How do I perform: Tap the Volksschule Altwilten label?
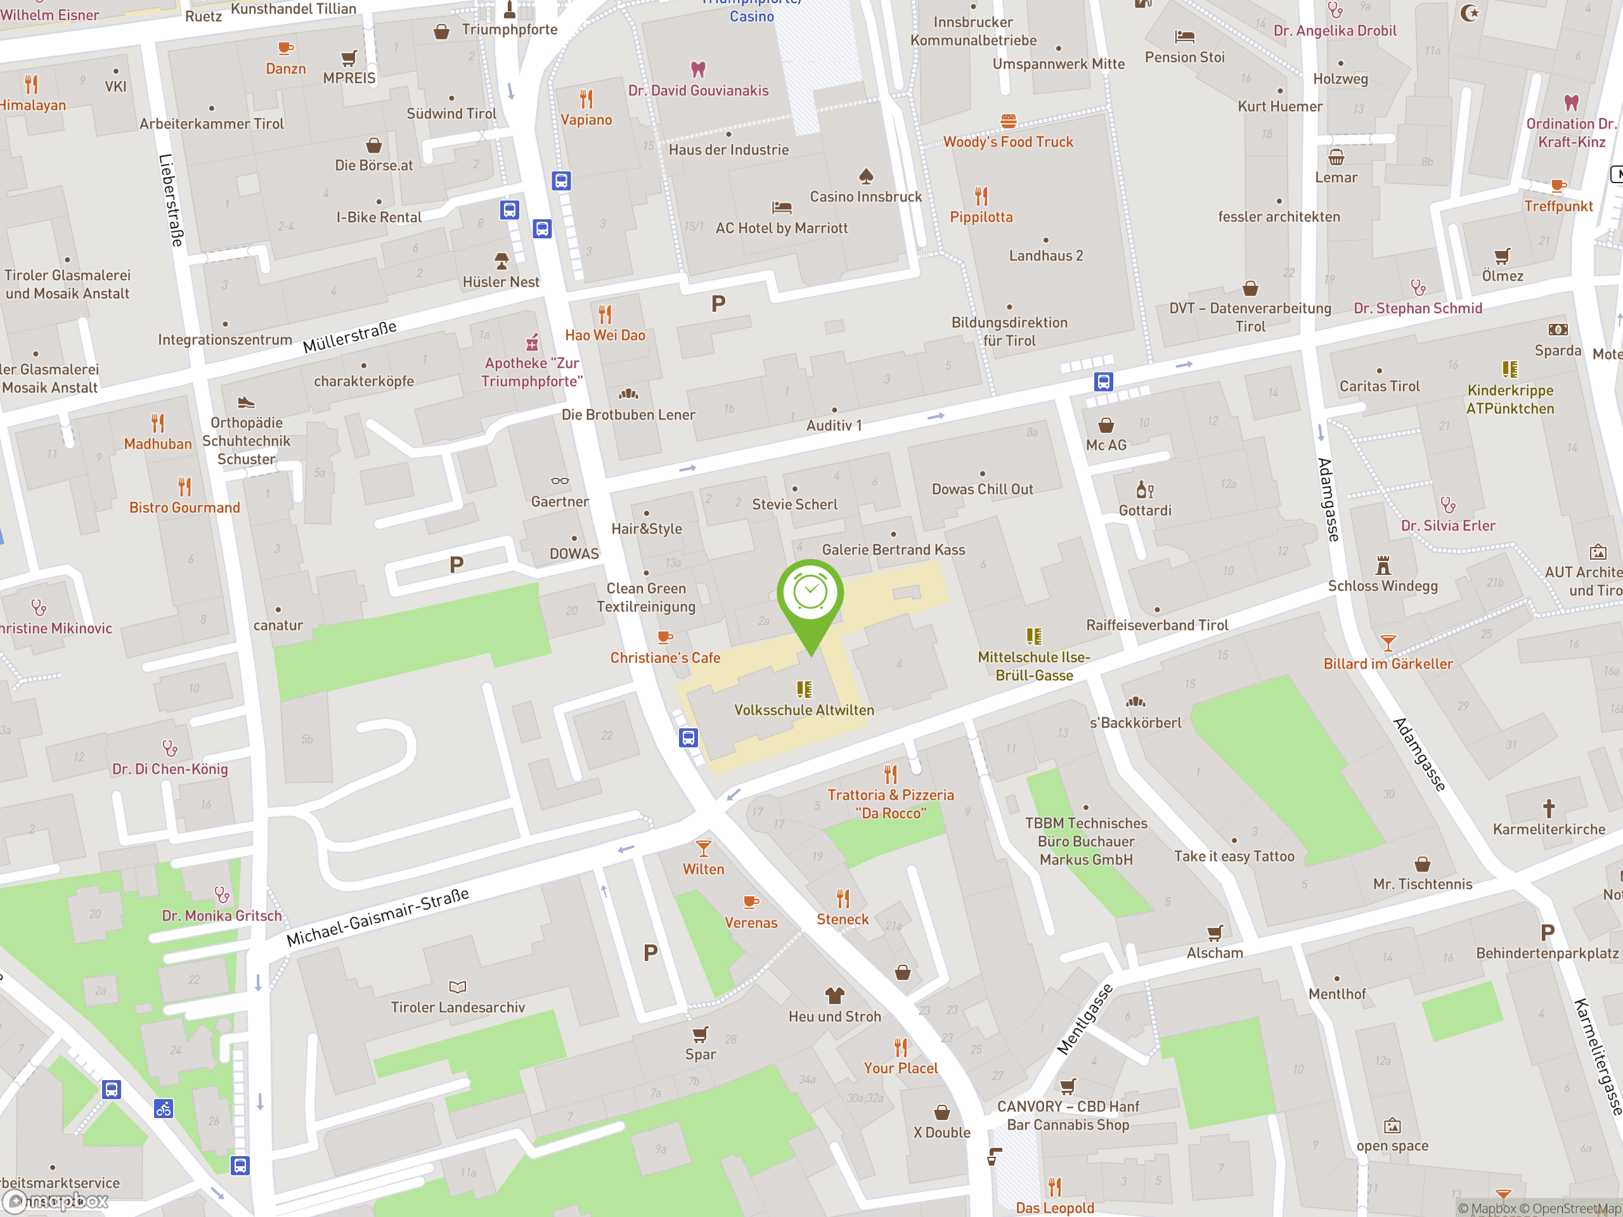point(804,710)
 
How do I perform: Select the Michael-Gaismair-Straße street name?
point(377,917)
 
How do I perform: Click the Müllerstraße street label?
point(350,337)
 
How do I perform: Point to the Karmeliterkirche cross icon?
point(1548,808)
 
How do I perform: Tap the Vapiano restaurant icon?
point(586,98)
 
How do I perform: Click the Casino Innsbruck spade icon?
point(866,176)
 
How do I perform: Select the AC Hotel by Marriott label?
point(782,228)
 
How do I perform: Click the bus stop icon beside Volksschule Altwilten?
point(687,737)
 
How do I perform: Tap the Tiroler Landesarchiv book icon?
point(457,987)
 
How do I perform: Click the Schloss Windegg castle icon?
point(1383,565)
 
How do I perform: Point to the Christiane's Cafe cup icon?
point(665,638)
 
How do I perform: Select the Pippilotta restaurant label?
point(981,217)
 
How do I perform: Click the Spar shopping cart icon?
point(700,1034)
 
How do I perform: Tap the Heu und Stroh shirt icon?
point(834,995)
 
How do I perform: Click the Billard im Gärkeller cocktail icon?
point(1387,643)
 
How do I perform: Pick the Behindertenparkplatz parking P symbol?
point(1548,932)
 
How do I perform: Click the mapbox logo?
point(55,1201)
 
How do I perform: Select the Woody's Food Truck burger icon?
point(1008,121)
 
